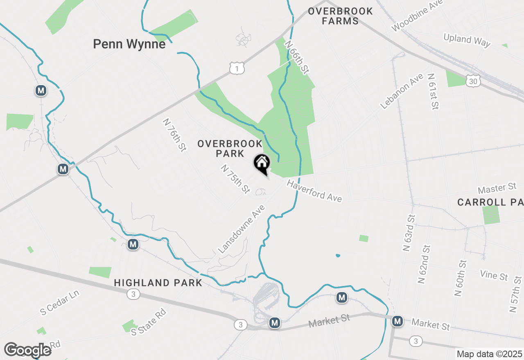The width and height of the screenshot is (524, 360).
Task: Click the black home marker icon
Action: pos(262,164)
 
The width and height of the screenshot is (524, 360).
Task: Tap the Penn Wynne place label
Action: pos(129,44)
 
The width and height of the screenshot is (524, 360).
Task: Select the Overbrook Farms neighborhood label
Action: pos(340,16)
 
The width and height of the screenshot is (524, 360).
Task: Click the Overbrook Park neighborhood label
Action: pos(230,148)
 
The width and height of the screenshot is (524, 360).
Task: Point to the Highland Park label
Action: pos(158,283)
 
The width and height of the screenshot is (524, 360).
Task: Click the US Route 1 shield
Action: pos(237,68)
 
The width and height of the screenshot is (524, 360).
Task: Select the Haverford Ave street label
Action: pos(314,191)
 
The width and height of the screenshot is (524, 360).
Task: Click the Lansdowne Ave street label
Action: pos(241,229)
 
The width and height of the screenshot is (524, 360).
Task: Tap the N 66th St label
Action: pos(297,57)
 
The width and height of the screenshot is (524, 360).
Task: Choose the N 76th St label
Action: pos(174,135)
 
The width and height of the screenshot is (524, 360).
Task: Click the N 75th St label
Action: pos(235,179)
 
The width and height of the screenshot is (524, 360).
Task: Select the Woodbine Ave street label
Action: pos(417,16)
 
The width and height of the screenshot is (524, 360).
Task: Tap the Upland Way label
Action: pos(467,40)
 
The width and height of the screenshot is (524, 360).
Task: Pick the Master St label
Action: pos(497,189)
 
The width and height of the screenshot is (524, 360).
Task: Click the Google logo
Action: pos(27,350)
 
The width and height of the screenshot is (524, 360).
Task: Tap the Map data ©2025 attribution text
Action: pos(489,354)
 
